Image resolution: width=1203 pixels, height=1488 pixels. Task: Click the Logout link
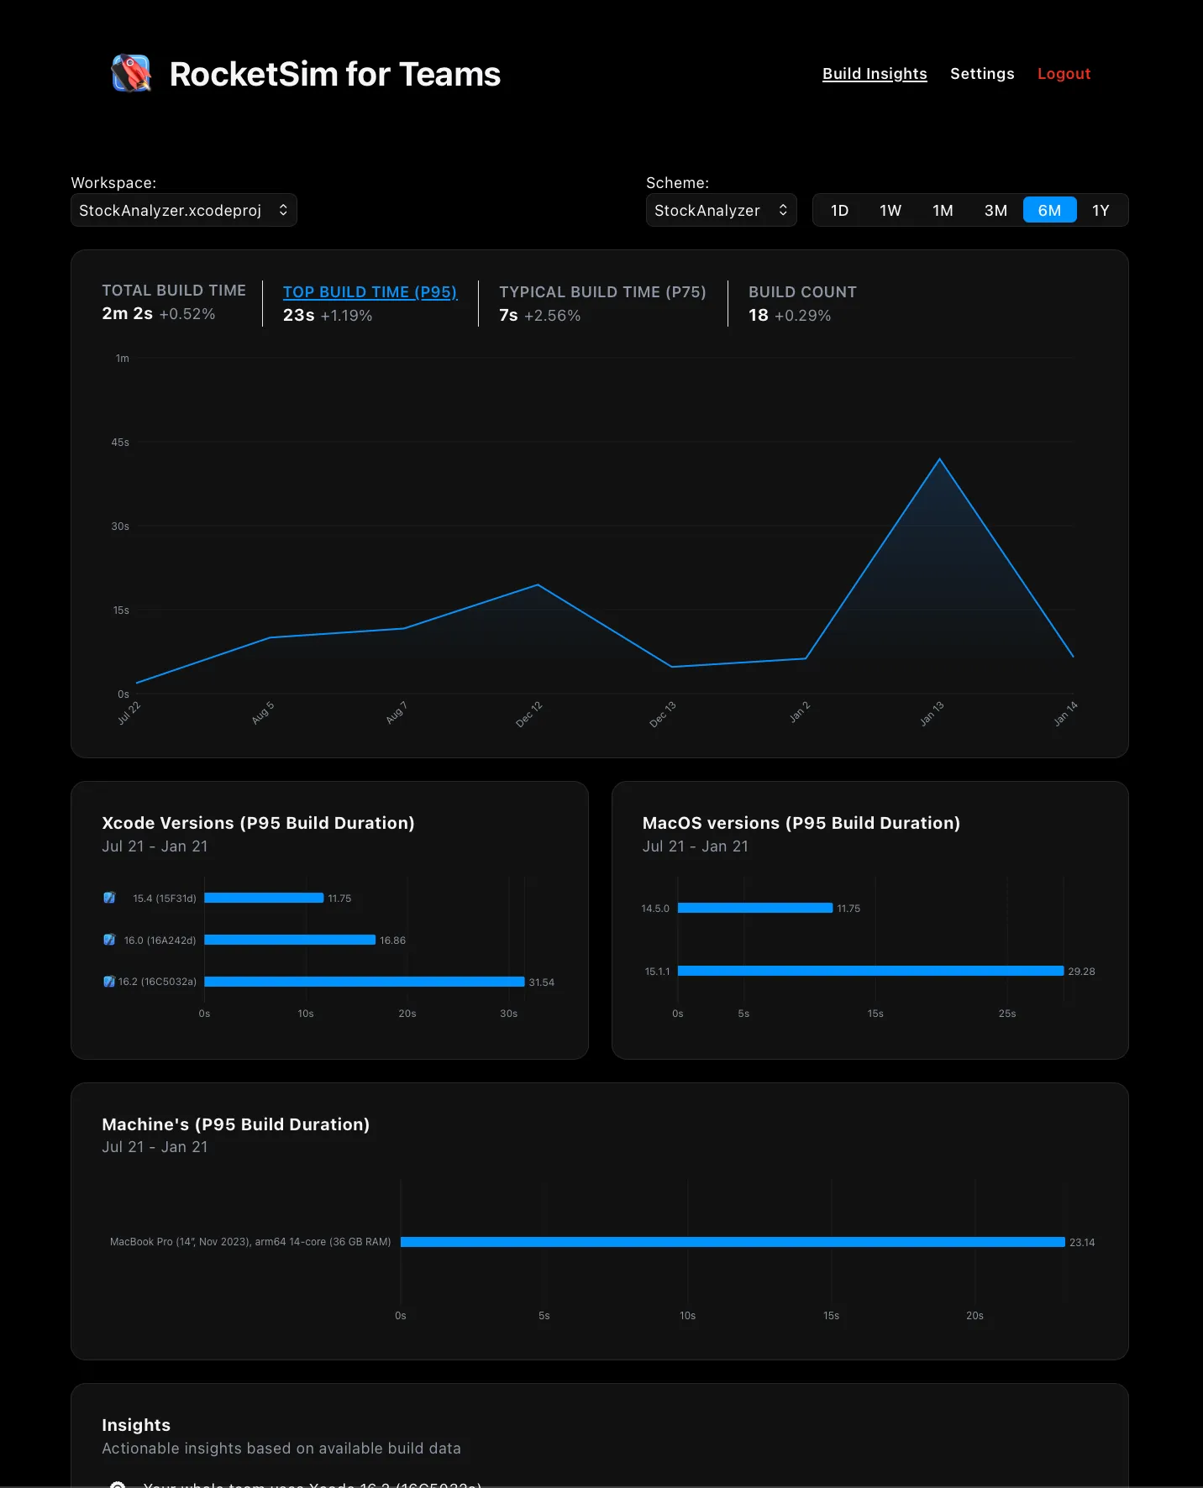tap(1064, 74)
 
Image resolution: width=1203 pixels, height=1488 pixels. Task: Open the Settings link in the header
tap(982, 74)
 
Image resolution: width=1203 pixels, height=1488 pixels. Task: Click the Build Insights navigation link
tap(875, 74)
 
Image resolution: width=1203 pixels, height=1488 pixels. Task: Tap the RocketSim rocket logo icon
tap(131, 74)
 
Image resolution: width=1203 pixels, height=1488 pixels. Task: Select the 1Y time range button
tap(1101, 210)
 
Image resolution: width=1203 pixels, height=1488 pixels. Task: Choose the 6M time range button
tap(1049, 210)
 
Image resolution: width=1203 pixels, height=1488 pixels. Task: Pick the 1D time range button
tap(839, 210)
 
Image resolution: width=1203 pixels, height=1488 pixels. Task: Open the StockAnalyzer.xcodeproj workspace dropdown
tap(184, 210)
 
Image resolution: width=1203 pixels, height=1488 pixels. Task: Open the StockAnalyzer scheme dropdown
tap(721, 210)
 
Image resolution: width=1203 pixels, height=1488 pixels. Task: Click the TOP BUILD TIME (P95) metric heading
tap(370, 292)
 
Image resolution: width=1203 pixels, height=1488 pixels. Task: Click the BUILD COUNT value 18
tap(758, 316)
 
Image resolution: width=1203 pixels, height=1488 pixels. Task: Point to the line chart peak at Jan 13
tap(939, 459)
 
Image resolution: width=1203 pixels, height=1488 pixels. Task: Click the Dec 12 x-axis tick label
tap(529, 714)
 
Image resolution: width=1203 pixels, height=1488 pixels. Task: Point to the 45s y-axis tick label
tap(120, 443)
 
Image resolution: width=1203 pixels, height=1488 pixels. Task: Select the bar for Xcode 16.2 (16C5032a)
tap(364, 982)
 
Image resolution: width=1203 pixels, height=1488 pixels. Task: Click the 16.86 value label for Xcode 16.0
tap(392, 940)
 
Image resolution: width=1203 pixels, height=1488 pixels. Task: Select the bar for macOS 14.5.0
tap(754, 908)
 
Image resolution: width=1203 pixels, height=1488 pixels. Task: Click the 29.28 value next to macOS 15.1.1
tap(1081, 972)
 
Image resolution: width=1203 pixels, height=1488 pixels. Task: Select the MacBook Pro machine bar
tap(732, 1242)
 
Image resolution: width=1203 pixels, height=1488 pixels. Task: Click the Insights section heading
tap(136, 1425)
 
